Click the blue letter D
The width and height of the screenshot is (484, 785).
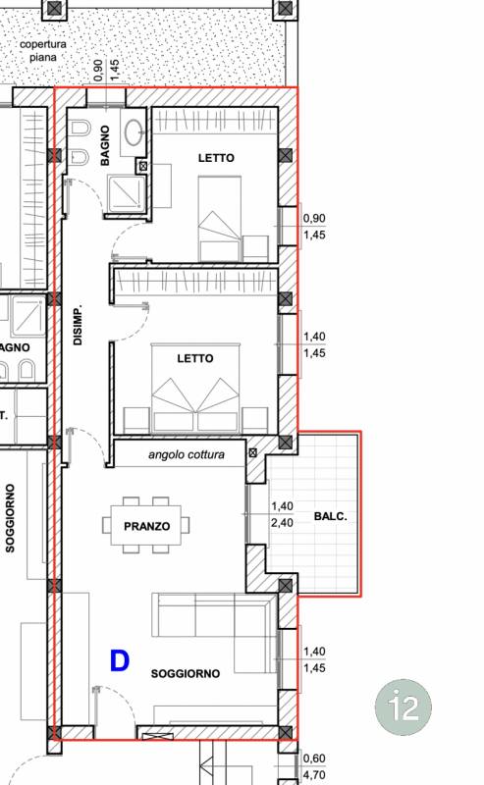click(x=120, y=660)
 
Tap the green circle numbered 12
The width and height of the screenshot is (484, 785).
click(x=403, y=706)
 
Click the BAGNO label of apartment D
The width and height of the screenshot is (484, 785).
click(x=105, y=145)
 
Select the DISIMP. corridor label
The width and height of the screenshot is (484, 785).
click(x=78, y=326)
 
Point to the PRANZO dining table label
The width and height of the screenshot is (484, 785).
click(x=147, y=526)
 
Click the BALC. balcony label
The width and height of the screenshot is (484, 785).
click(x=331, y=516)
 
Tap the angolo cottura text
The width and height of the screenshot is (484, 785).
click(x=187, y=454)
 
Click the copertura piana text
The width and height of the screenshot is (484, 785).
click(x=43, y=51)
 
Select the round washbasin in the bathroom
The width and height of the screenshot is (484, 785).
click(x=134, y=132)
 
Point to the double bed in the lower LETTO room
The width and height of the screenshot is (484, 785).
click(x=195, y=388)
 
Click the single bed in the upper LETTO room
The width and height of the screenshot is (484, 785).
click(x=220, y=218)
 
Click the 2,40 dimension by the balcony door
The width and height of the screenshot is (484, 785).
click(x=282, y=523)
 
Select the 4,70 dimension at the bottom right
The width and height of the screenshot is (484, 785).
click(x=314, y=775)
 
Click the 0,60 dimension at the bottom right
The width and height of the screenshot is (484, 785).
click(x=314, y=759)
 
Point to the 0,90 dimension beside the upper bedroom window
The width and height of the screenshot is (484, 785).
click(x=314, y=218)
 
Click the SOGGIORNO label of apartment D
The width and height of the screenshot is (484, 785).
click(x=186, y=674)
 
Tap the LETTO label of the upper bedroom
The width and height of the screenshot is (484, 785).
click(x=216, y=158)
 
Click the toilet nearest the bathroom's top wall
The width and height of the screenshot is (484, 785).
click(x=80, y=129)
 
